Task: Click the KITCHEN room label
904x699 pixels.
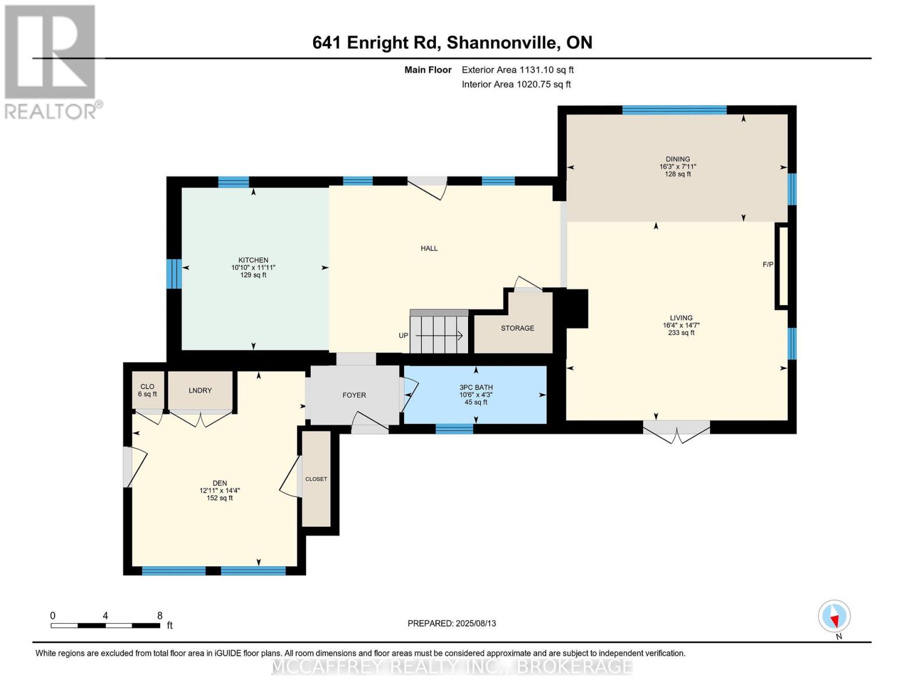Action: pos(253,260)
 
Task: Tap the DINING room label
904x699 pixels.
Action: pos(678,159)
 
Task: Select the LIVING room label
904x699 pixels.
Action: pos(681,317)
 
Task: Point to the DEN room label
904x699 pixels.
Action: pos(219,483)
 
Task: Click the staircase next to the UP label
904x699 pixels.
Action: pos(439,331)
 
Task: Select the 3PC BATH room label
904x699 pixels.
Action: pos(476,387)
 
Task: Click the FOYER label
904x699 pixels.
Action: pos(354,395)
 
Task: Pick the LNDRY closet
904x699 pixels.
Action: pos(200,390)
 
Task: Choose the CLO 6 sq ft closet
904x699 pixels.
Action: pos(148,390)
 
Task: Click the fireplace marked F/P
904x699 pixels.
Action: pos(782,266)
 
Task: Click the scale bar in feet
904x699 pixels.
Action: pos(106,625)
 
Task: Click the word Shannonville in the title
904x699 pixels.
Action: pos(502,43)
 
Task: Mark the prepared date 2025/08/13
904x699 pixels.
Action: pos(476,623)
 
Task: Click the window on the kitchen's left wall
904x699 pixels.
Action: pos(174,274)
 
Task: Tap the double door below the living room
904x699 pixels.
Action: pos(677,431)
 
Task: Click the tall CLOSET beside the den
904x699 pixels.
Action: pos(317,479)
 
